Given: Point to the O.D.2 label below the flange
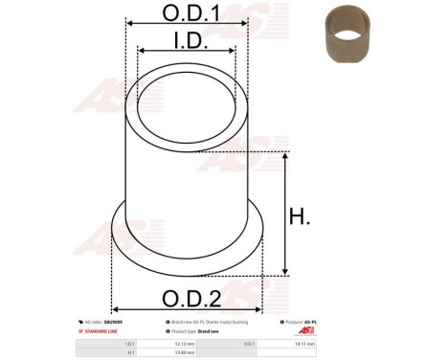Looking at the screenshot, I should pyautogui.click(x=189, y=296).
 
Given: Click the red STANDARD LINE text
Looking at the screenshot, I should pyautogui.click(x=100, y=331).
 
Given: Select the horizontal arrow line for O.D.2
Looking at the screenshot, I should pyautogui.click(x=189, y=309).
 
